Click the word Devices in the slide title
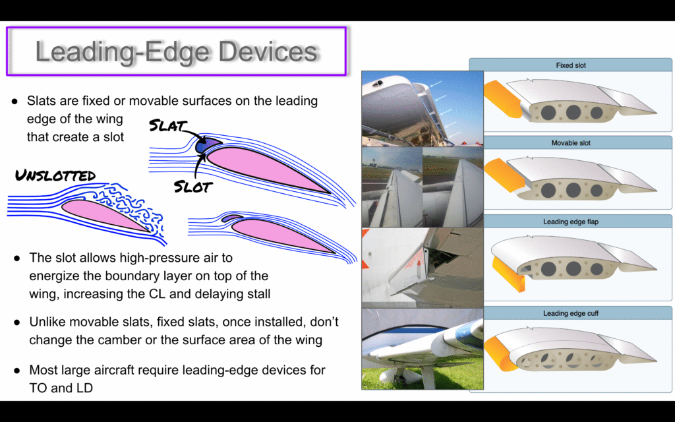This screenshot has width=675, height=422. pos(268,51)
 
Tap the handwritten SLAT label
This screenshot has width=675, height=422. pos(167,125)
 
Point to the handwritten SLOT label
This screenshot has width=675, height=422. pos(193,187)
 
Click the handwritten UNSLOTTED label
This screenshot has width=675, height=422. pos(55,175)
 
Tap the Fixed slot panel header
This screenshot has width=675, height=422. pos(570,65)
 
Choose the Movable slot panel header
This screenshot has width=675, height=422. pos(570,143)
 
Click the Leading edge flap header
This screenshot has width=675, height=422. pos(570,222)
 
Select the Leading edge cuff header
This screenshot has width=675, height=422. pos(570,313)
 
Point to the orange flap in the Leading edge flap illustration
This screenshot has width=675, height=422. pos(509,274)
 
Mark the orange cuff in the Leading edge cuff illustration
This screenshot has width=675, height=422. pos(500,354)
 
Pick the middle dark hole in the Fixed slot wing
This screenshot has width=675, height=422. pos(573,112)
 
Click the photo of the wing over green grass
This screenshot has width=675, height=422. pos(423,349)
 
